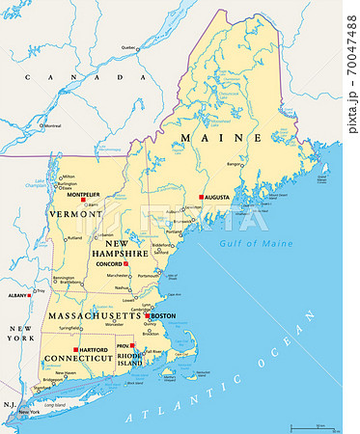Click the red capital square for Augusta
(201, 197)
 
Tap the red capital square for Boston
(147, 316)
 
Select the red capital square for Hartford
(76, 348)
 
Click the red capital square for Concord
(126, 263)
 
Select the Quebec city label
(128, 47)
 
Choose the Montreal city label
(54, 125)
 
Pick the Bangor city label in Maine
(235, 164)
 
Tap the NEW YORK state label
(21, 333)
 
